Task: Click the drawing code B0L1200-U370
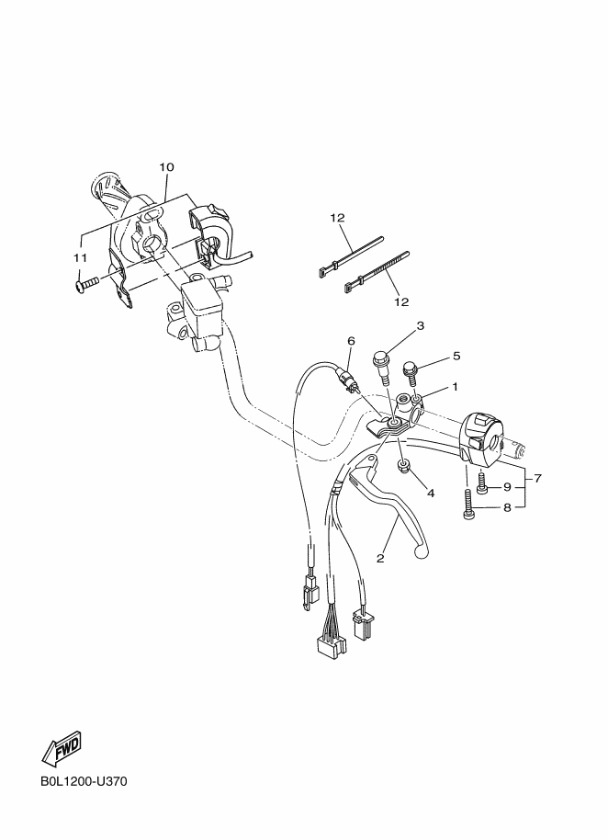click(x=84, y=781)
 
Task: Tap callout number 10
click(x=166, y=167)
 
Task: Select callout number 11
click(x=80, y=258)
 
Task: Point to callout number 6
click(x=351, y=341)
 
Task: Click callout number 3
click(x=420, y=325)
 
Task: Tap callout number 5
click(x=456, y=356)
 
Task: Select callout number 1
click(x=455, y=386)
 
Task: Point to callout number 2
click(x=380, y=558)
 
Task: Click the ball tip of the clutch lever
click(x=422, y=549)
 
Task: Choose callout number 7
click(x=538, y=478)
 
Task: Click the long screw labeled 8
click(x=467, y=504)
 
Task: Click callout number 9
click(x=507, y=487)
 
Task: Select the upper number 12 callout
click(x=337, y=218)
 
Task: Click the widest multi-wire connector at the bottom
click(x=332, y=647)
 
